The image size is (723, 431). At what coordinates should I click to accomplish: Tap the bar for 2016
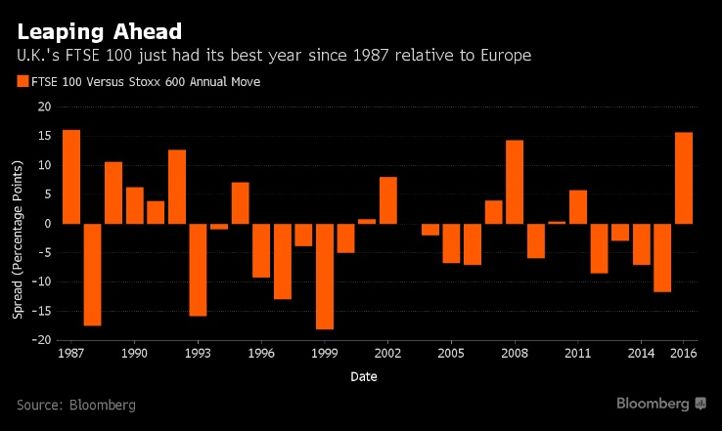point(683,178)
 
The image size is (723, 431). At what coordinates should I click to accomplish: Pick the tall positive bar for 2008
point(515,182)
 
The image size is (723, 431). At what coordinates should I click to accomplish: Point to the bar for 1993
point(198,270)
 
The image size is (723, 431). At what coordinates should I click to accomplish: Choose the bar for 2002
point(387,200)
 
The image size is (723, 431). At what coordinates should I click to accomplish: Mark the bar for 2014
point(641,244)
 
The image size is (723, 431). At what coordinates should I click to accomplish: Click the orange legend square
point(23,81)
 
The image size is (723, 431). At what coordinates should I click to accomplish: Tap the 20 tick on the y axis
point(43,108)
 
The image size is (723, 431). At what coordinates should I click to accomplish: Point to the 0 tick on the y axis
point(47,224)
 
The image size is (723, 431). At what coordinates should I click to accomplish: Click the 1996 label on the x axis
point(261,354)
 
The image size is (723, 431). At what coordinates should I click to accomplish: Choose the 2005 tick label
point(451,354)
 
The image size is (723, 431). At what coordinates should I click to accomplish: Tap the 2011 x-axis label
point(577,354)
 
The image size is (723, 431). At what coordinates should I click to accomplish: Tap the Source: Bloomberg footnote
point(76,405)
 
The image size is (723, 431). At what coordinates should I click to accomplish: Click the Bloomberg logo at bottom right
point(661,404)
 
